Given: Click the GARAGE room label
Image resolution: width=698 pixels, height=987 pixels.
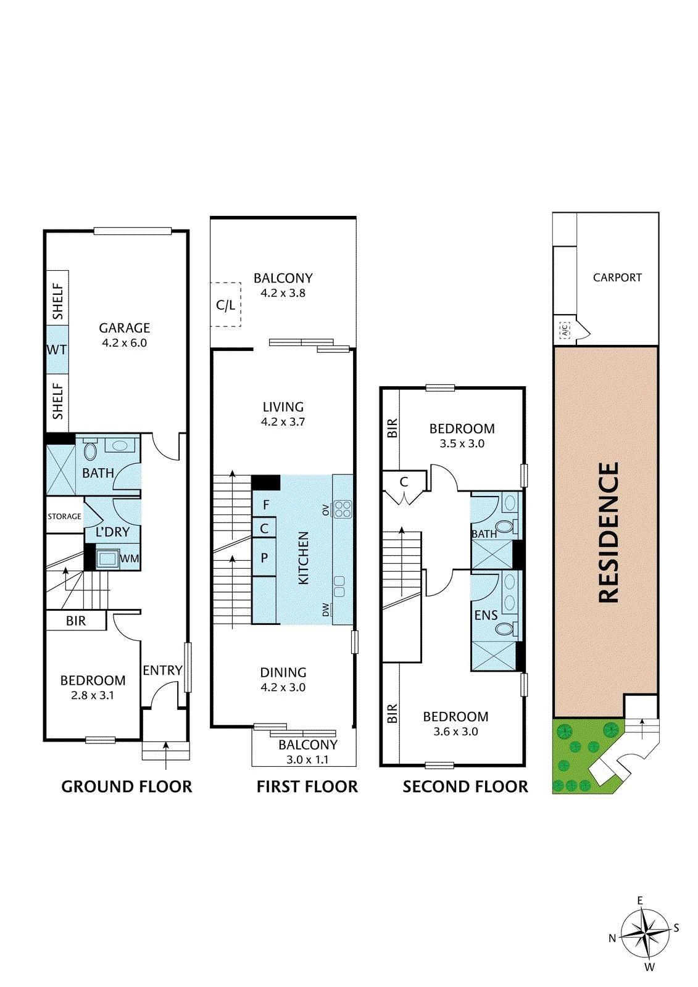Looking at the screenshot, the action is tap(124, 328).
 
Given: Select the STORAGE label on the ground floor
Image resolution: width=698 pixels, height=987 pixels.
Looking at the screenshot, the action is tap(64, 516).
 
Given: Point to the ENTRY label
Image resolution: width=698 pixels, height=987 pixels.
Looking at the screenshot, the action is tap(162, 670).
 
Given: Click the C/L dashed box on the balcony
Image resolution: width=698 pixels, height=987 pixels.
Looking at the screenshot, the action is tap(225, 305).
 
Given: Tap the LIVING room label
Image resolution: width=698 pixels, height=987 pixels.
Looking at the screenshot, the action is tap(283, 407).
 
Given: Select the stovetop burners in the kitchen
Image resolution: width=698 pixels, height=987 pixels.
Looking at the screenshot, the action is tap(343, 509).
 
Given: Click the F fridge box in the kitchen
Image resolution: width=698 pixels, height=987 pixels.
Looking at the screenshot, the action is tap(264, 505).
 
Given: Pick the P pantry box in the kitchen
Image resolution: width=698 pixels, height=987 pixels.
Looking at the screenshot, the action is tap(264, 558).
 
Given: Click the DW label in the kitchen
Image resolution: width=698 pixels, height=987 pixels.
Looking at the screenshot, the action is tap(326, 610).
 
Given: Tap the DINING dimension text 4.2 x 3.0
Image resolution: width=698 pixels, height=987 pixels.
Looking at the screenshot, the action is tap(283, 687).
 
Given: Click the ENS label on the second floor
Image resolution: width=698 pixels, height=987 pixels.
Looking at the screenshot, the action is tap(486, 615).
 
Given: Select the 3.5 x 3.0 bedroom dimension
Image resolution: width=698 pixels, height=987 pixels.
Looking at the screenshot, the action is tap(462, 444).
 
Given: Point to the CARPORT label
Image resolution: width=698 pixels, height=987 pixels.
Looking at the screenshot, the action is tap(617, 278).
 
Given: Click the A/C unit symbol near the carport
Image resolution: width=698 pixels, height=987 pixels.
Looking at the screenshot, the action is tap(565, 329).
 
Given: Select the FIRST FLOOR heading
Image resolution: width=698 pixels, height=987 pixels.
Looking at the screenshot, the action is tap(307, 787).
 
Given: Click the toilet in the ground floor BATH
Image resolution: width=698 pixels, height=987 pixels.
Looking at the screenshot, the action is tap(90, 450).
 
